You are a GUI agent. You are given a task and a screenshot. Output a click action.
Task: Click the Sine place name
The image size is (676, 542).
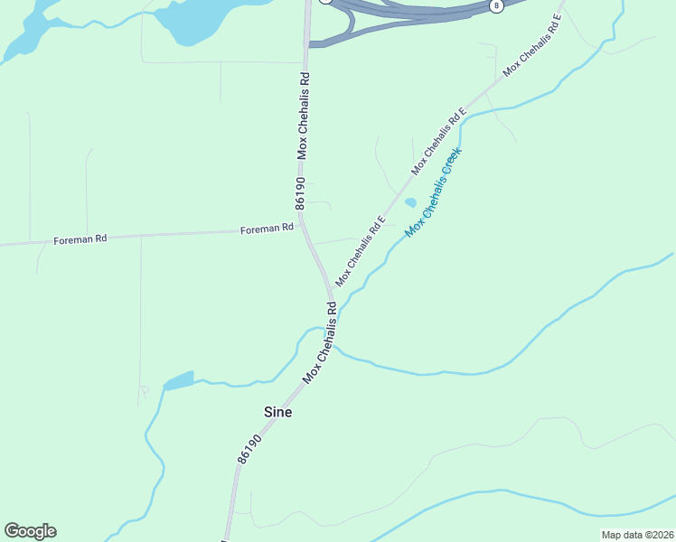277,411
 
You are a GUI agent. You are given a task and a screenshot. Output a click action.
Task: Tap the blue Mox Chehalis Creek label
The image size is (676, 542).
433,192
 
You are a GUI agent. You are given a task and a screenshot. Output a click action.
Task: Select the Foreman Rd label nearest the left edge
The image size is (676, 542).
80,239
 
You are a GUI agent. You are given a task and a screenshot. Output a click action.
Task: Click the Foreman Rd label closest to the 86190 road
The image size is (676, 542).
267,229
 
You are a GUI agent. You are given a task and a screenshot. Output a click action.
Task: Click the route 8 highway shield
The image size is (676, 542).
496,5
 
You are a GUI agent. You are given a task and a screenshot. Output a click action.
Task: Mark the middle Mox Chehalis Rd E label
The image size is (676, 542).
438,140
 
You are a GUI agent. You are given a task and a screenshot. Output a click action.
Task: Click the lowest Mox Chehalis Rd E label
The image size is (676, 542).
361,251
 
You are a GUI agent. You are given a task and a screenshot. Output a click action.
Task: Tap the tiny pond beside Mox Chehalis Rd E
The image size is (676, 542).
410,202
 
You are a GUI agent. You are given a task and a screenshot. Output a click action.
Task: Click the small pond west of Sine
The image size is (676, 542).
178,380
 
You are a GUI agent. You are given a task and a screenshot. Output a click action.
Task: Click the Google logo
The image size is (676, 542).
30,531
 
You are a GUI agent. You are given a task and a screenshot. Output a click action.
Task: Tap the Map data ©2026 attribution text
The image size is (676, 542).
637,535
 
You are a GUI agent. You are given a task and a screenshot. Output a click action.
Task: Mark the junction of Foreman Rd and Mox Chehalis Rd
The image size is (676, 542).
301,229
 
